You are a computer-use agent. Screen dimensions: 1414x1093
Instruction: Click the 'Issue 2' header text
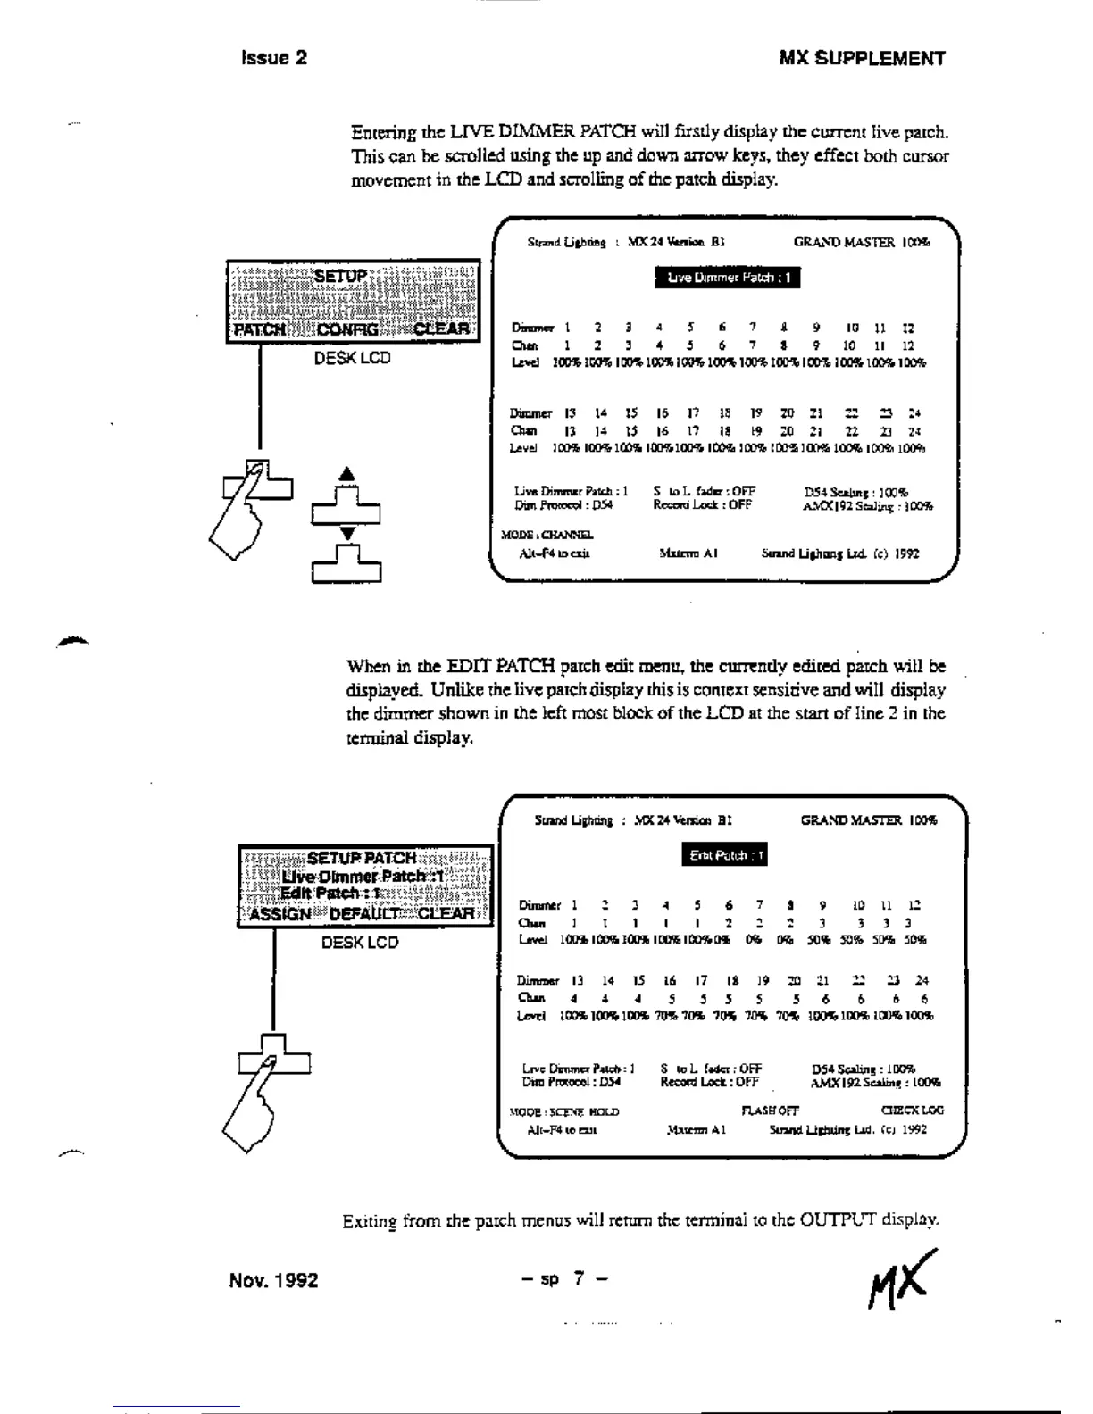274,58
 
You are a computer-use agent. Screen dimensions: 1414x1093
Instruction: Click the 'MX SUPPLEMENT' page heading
862,59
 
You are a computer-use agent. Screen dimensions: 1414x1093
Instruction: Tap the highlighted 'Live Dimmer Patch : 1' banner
728,278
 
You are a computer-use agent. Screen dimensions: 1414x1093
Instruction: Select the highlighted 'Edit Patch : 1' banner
726,855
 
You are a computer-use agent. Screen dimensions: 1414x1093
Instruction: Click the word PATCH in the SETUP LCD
259,329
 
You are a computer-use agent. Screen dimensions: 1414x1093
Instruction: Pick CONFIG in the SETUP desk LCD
347,329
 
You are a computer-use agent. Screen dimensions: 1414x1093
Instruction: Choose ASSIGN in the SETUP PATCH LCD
280,913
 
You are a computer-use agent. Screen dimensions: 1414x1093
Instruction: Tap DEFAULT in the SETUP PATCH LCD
365,913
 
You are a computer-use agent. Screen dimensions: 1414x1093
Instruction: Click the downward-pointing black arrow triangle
348,533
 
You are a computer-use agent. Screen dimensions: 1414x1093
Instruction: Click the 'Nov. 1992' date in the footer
273,1280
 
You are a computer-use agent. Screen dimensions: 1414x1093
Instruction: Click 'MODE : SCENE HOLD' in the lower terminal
563,1111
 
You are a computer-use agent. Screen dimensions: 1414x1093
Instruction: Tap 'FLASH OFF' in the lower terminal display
770,1110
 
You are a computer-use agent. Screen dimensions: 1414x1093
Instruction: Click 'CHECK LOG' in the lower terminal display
911,1110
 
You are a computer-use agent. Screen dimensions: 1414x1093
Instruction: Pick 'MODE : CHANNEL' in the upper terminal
547,535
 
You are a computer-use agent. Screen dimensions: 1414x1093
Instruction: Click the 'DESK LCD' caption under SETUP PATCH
360,943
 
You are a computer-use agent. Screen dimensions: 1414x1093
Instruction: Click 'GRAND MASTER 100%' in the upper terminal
861,242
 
